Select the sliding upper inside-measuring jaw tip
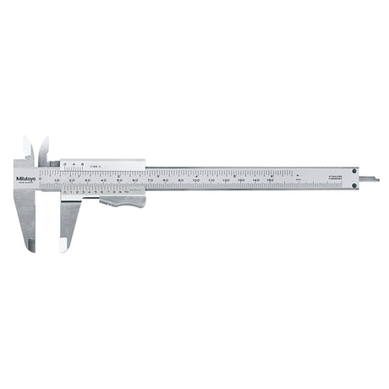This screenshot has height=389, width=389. pos(43,140)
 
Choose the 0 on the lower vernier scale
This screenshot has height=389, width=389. pos(64,192)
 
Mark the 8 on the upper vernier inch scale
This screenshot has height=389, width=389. pos(82,164)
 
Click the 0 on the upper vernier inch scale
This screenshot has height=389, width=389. pos(64,164)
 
